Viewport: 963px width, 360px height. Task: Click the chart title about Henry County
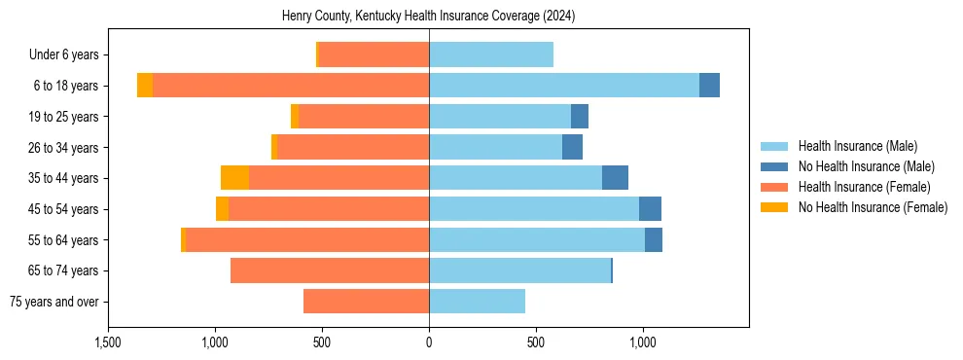pyautogui.click(x=429, y=17)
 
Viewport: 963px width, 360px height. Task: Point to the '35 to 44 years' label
pyautogui.click(x=64, y=178)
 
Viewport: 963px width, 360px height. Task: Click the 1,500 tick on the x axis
pyautogui.click(x=108, y=342)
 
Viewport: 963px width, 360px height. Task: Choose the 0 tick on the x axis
pyautogui.click(x=429, y=342)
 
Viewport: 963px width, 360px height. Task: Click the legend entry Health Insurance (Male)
pyautogui.click(x=857, y=146)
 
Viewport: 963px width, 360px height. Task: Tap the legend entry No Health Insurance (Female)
pyautogui.click(x=873, y=207)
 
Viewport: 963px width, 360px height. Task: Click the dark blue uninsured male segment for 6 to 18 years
pyautogui.click(x=709, y=86)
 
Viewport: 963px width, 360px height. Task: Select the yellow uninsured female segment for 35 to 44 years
pyautogui.click(x=234, y=178)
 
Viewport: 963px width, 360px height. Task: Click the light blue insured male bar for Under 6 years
pyautogui.click(x=491, y=54)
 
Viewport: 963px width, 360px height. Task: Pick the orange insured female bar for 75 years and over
pyautogui.click(x=366, y=302)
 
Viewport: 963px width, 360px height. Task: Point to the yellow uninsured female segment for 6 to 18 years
pyautogui.click(x=145, y=86)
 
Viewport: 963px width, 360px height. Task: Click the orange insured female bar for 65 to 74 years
pyautogui.click(x=330, y=270)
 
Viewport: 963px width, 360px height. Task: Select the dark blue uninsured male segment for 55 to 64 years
pyautogui.click(x=654, y=239)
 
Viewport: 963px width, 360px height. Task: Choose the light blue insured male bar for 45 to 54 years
pyautogui.click(x=534, y=209)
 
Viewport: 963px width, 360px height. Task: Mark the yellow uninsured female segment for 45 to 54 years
pyautogui.click(x=222, y=209)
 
